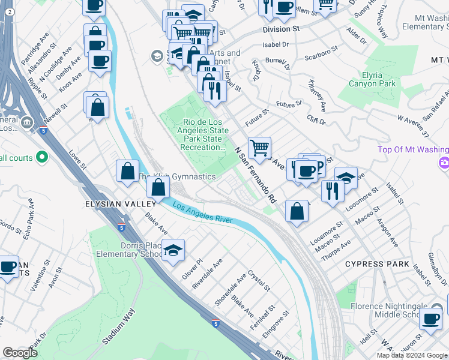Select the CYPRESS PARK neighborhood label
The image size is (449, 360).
click(x=377, y=264)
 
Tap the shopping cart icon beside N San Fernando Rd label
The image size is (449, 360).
click(x=259, y=147)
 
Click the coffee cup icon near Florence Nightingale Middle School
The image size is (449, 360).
click(x=430, y=319)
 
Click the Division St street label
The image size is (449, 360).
click(x=280, y=29)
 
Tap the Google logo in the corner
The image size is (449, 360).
click(x=20, y=353)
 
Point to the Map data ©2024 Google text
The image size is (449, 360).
click(x=412, y=355)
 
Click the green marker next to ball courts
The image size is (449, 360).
click(x=41, y=157)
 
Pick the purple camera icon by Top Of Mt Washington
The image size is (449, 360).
click(x=444, y=162)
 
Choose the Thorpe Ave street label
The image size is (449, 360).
click(x=336, y=248)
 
